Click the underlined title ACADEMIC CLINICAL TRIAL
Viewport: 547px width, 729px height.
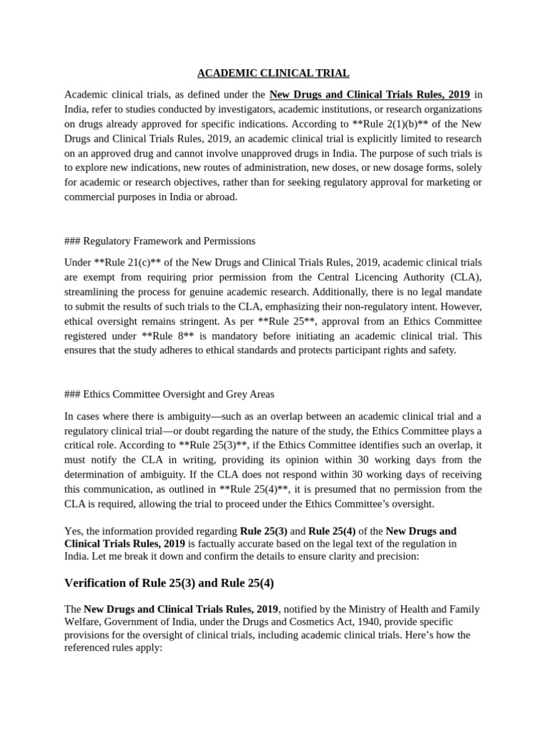tap(273, 73)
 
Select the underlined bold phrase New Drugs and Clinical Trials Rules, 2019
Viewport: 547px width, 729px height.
tap(370, 95)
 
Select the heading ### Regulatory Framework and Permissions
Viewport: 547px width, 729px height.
tap(160, 241)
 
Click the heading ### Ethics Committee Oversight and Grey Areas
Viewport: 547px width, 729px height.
tap(169, 394)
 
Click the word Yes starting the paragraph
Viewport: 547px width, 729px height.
tap(73, 531)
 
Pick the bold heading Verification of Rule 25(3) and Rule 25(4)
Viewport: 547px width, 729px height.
tap(169, 583)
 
